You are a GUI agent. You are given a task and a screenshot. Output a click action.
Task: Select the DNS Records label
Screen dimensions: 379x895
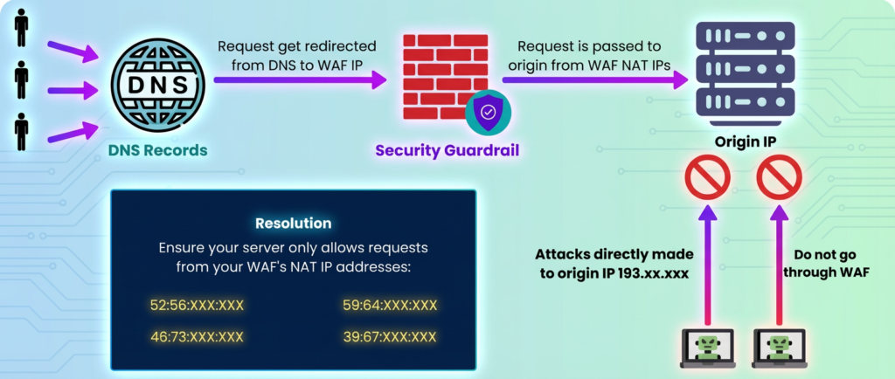point(157,150)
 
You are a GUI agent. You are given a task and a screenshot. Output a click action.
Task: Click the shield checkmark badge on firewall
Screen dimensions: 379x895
point(487,111)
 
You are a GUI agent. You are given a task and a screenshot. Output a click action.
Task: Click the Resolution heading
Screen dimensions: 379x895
point(293,224)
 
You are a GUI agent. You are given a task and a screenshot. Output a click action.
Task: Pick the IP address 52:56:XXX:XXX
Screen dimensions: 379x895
point(197,305)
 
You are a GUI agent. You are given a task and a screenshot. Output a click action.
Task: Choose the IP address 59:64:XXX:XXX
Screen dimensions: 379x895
point(389,305)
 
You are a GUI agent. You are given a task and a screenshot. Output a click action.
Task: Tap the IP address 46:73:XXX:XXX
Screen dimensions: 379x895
point(197,336)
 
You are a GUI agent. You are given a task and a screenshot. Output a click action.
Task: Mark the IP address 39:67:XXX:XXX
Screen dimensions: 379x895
point(389,336)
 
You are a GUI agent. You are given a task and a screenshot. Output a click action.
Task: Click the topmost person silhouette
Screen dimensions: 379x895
point(21,26)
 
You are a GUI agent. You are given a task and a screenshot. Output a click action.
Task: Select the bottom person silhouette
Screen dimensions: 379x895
point(21,131)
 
